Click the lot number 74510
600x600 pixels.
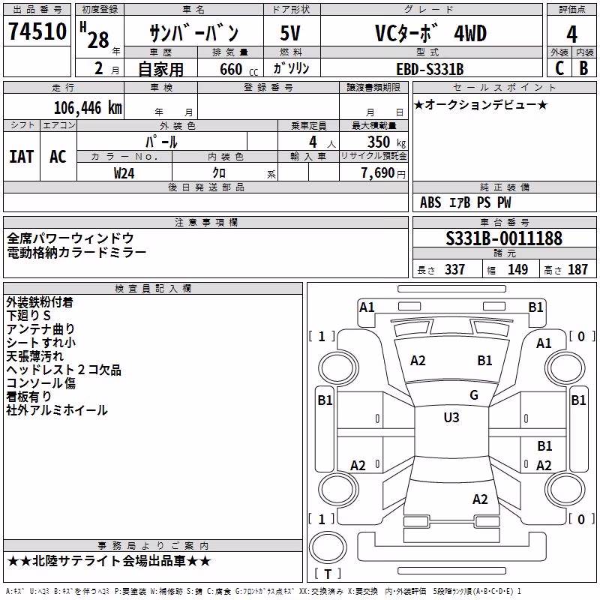(x=37, y=31)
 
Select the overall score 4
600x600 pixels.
(x=571, y=34)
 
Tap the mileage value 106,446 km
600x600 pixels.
(x=88, y=108)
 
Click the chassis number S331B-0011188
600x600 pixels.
(x=504, y=238)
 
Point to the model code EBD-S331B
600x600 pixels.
(x=430, y=69)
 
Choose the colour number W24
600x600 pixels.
(x=124, y=173)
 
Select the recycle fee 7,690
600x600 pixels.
(x=378, y=173)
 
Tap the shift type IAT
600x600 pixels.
(x=22, y=157)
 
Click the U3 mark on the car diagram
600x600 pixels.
(x=451, y=418)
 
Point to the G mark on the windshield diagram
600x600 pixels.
(x=474, y=395)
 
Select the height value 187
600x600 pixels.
(x=577, y=269)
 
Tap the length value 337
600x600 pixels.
(x=454, y=269)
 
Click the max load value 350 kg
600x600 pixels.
(x=386, y=142)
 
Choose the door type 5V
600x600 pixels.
(x=290, y=33)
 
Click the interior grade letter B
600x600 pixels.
(x=583, y=68)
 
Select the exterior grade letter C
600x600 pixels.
(x=559, y=68)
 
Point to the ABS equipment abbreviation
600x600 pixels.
(x=430, y=202)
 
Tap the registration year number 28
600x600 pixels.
(x=98, y=40)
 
